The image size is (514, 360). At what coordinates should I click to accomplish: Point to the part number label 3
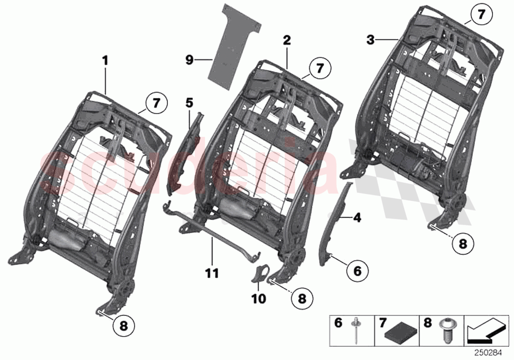coord(371,40)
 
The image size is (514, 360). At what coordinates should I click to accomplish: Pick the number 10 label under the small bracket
coord(259,298)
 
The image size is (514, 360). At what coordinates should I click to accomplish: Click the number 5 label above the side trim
coord(189,102)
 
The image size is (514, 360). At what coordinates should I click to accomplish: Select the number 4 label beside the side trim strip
coord(357,217)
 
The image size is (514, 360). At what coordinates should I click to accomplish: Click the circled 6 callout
coord(357,269)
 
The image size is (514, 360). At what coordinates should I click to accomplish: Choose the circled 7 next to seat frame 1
coord(156,103)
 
